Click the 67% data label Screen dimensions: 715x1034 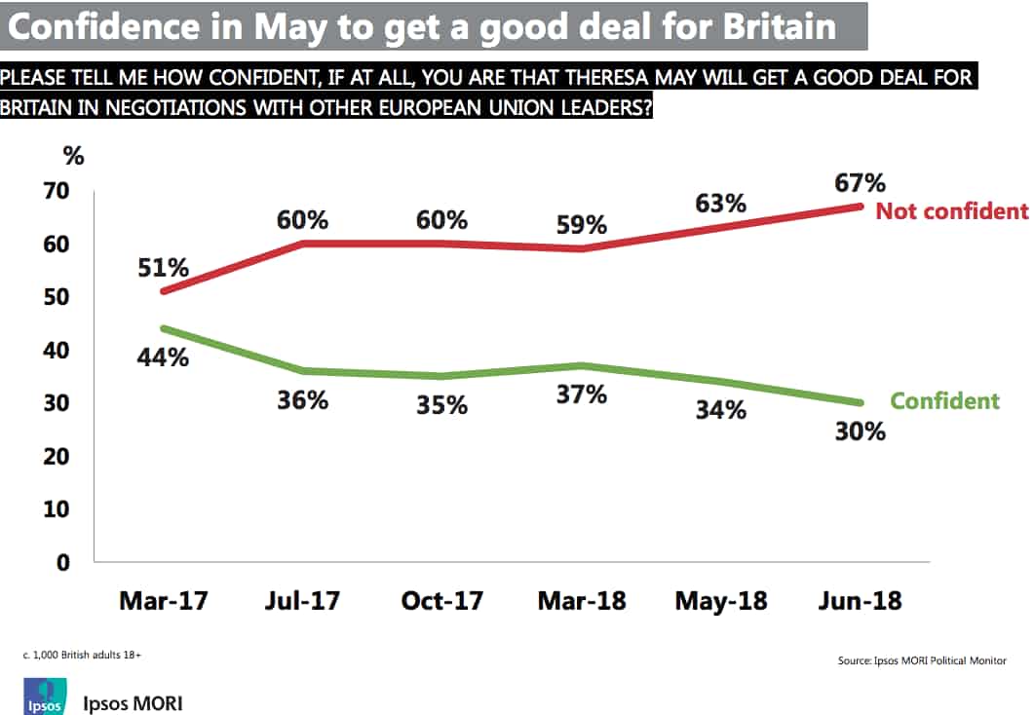point(860,183)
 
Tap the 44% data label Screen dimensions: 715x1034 point(162,357)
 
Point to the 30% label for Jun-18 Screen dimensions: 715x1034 point(860,430)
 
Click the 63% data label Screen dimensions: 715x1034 point(720,205)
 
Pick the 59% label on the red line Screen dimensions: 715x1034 point(581,225)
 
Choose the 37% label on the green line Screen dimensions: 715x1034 point(581,394)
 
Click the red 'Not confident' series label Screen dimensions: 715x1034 point(951,211)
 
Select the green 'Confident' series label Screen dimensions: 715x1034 point(944,400)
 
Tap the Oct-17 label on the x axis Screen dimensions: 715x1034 point(441,601)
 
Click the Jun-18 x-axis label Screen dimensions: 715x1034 point(860,601)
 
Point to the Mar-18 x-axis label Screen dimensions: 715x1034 point(581,601)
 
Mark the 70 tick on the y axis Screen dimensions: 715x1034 point(55,191)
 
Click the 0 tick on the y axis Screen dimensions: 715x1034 point(62,563)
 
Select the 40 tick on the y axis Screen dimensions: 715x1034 point(55,350)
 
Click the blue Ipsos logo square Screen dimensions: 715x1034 point(44,698)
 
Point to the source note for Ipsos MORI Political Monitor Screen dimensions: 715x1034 point(922,660)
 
